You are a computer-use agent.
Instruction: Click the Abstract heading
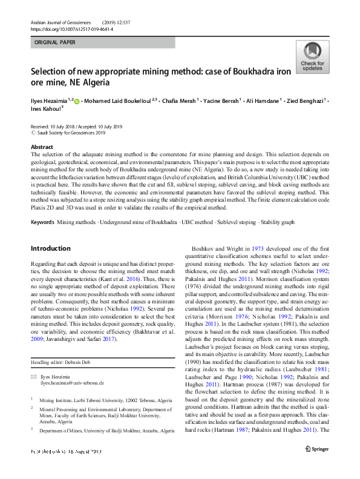(x=41, y=147)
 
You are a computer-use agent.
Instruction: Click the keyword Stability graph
(x=279, y=223)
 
